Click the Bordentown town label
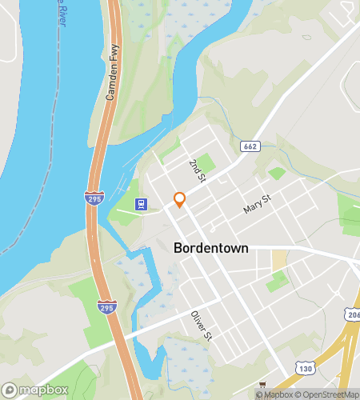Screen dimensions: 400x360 210,249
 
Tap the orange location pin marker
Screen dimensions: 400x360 180,199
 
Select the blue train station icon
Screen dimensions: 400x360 142,204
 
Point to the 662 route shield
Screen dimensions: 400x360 249,146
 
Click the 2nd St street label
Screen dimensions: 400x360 197,170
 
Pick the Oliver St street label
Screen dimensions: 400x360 201,324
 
